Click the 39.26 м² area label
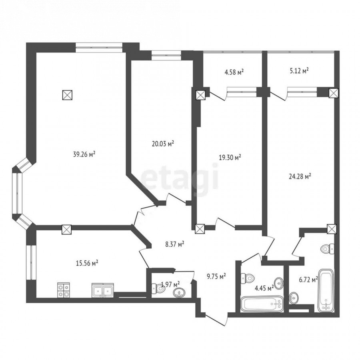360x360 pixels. [x=84, y=154]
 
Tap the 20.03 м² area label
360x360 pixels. [x=163, y=144]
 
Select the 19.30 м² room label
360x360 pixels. [x=230, y=157]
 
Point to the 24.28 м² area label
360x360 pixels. [x=300, y=176]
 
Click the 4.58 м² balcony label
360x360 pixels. [x=234, y=72]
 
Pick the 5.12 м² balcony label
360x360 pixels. [x=298, y=70]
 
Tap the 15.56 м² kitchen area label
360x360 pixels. [x=87, y=263]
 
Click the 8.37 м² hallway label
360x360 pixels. [x=175, y=244]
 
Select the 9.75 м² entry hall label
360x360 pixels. [x=216, y=276]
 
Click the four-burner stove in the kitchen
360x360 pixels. [x=63, y=290]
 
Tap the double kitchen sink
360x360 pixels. [x=103, y=290]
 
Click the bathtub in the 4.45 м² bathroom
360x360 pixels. [x=262, y=304]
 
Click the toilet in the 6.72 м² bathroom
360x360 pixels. [x=328, y=249]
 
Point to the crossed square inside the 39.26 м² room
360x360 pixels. [x=68, y=94]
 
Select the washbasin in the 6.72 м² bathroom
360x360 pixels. [x=294, y=298]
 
